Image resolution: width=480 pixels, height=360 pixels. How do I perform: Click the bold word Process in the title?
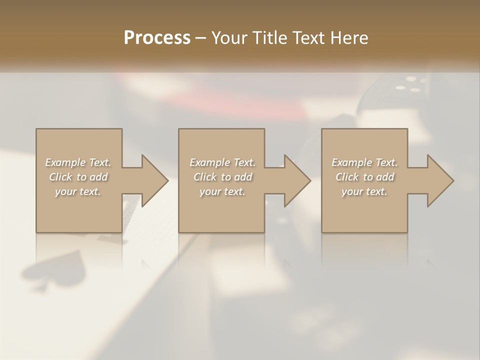point(157,38)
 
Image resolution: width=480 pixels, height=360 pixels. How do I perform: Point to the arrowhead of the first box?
point(155,180)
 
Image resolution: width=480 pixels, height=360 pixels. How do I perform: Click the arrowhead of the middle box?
point(298,180)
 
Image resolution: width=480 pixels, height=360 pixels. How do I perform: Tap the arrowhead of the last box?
point(440,180)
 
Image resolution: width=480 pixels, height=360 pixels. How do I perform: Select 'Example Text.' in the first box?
point(78,162)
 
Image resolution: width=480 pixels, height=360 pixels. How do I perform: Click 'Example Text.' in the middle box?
point(222,162)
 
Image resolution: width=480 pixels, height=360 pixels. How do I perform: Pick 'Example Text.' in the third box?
point(364,162)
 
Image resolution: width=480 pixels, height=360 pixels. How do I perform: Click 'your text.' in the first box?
point(78,191)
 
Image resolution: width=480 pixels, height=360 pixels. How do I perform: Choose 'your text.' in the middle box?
point(222,191)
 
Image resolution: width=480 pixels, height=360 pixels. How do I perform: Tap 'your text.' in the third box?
point(364,191)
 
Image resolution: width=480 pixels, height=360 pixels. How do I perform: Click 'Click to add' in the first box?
point(78,177)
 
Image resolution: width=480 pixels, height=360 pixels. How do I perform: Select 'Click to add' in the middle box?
point(222,177)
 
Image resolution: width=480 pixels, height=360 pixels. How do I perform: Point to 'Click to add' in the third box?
point(364,177)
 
